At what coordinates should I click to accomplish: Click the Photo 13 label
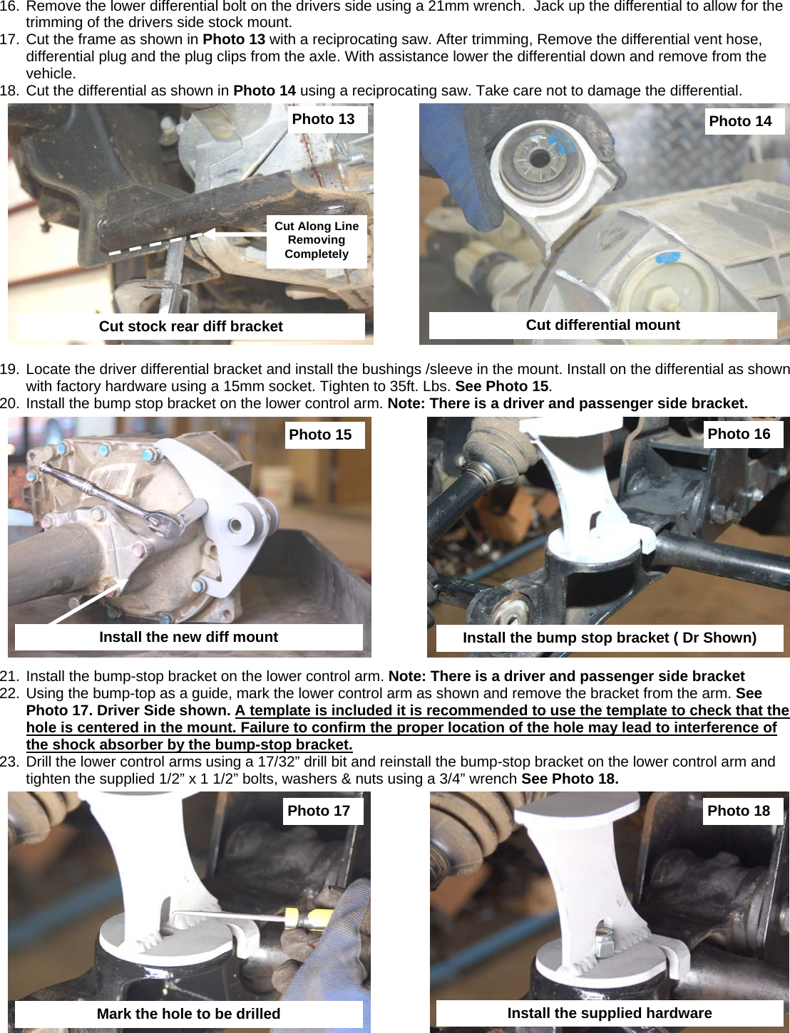pyautogui.click(x=323, y=120)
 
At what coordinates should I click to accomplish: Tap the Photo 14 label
pyautogui.click(x=740, y=122)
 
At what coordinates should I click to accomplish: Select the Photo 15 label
pyautogui.click(x=320, y=435)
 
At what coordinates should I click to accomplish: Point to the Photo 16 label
pyautogui.click(x=739, y=435)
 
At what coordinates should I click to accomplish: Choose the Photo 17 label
pyautogui.click(x=319, y=811)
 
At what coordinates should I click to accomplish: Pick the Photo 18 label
pyautogui.click(x=739, y=811)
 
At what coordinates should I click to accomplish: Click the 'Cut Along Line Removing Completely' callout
pyautogui.click(x=317, y=241)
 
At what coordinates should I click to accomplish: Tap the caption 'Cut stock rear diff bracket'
pyautogui.click(x=190, y=327)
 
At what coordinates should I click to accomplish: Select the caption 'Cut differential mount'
pyautogui.click(x=602, y=326)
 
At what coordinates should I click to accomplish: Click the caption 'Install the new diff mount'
pyautogui.click(x=188, y=638)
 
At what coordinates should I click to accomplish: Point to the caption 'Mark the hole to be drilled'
pyautogui.click(x=188, y=1014)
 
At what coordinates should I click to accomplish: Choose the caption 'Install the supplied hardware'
pyautogui.click(x=609, y=1014)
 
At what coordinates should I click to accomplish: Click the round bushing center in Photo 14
pyautogui.click(x=535, y=160)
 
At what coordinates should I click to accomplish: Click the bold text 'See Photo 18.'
pyautogui.click(x=570, y=779)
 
